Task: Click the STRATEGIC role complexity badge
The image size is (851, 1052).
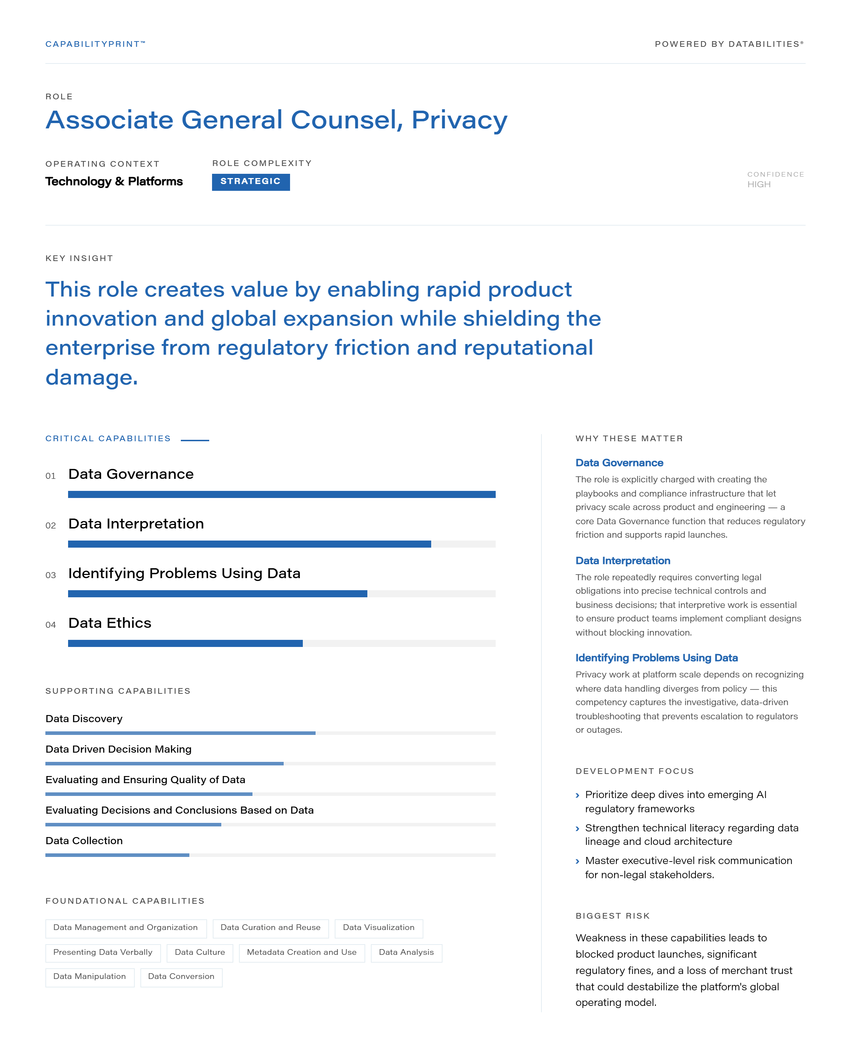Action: [250, 182]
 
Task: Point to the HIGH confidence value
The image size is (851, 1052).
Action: [759, 184]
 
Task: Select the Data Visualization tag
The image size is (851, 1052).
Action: [378, 928]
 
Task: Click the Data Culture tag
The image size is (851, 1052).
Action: [200, 952]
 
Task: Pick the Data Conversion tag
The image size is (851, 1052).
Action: [182, 976]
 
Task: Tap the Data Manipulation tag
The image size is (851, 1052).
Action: [90, 976]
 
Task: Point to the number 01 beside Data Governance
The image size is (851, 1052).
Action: [50, 476]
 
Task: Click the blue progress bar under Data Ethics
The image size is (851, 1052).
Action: [185, 643]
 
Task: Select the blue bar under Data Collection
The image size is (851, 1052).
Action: [117, 855]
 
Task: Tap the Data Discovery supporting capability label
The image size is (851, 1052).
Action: [84, 719]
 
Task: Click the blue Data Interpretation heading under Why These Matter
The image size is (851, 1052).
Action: [623, 561]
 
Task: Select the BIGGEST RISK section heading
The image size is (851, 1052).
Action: [612, 916]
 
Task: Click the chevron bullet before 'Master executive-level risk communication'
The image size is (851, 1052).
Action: [578, 861]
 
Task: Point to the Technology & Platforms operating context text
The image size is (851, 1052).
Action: [114, 181]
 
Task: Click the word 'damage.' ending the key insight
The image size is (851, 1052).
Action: [92, 377]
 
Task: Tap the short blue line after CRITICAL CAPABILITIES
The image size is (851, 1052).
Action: [195, 440]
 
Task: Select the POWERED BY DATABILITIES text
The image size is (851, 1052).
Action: [729, 44]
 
